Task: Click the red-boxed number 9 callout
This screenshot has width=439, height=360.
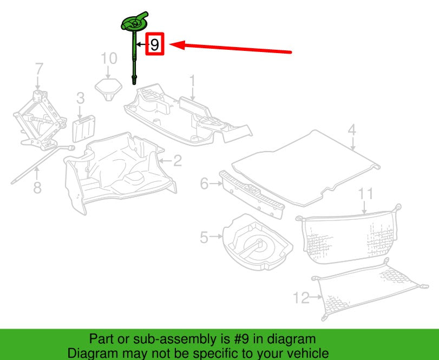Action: click(155, 44)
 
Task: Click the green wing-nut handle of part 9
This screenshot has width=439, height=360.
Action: click(134, 22)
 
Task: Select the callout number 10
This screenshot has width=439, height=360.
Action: click(109, 58)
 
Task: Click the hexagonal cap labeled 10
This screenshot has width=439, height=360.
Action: click(109, 89)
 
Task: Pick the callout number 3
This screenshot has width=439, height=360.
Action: click(80, 99)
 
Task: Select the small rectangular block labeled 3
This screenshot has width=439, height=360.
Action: click(84, 128)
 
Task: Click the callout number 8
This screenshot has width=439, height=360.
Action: click(37, 187)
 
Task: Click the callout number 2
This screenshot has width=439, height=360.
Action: click(178, 161)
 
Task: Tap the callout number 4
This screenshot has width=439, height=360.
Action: click(352, 130)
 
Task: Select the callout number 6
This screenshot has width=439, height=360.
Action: click(205, 184)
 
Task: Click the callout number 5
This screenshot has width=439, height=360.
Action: click(204, 238)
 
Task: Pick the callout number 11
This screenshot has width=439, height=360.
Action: click(365, 194)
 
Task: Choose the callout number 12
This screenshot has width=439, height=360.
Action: click(302, 298)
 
